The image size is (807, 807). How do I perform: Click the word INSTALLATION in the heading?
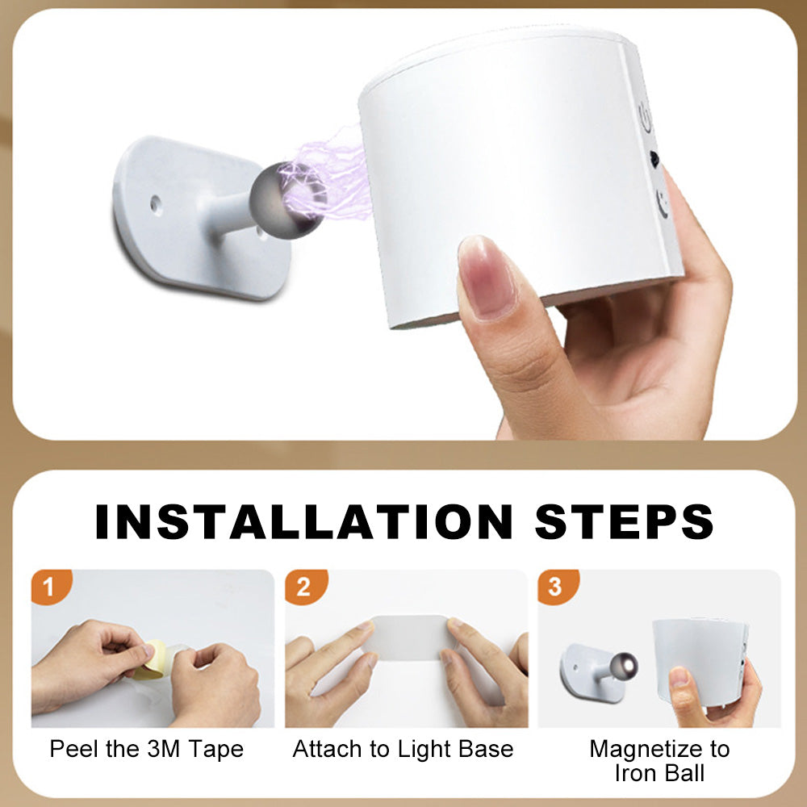click(303, 521)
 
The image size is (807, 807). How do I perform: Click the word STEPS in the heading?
click(625, 521)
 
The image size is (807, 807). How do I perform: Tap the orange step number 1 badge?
click(50, 586)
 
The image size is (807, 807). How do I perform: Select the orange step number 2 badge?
click(305, 586)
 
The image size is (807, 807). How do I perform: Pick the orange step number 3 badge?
click(557, 586)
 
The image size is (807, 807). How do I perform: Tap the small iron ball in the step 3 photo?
click(624, 666)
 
